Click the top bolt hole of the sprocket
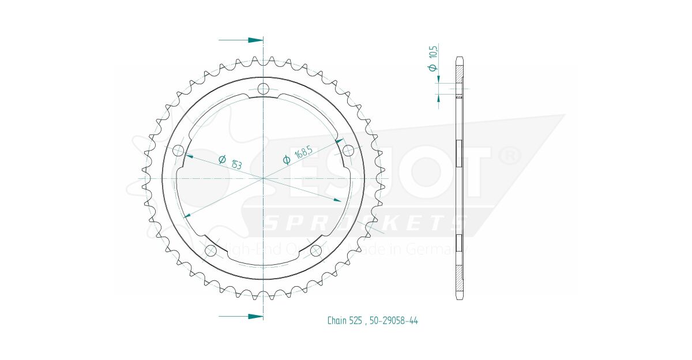tap(264, 89)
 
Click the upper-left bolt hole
tap(178, 151)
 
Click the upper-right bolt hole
tap(348, 151)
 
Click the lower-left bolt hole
tap(211, 250)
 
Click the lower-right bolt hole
tap(315, 250)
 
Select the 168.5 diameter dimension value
tap(303, 154)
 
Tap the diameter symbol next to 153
tap(222, 159)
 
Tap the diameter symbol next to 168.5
tap(287, 160)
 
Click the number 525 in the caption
tap(356, 321)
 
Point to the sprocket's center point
tap(264, 178)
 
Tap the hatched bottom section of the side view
tap(460, 279)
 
